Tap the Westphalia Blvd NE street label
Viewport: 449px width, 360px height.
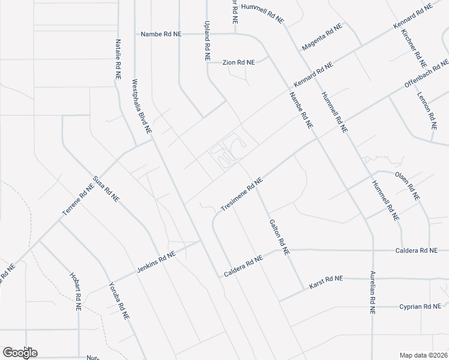click(x=142, y=106)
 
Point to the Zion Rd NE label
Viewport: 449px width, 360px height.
click(x=238, y=62)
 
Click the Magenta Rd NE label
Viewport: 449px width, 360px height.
click(x=322, y=38)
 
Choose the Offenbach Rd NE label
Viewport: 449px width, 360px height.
click(x=427, y=74)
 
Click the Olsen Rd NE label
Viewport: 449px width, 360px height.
click(x=408, y=186)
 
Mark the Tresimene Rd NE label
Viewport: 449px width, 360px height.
click(x=242, y=194)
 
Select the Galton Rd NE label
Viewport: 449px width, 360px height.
click(x=277, y=235)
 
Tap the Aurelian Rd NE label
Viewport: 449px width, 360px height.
click(x=372, y=292)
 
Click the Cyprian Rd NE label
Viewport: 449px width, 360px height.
click(x=420, y=307)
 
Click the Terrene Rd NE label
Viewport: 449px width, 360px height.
click(x=77, y=200)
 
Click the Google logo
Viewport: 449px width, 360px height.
click(x=20, y=352)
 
